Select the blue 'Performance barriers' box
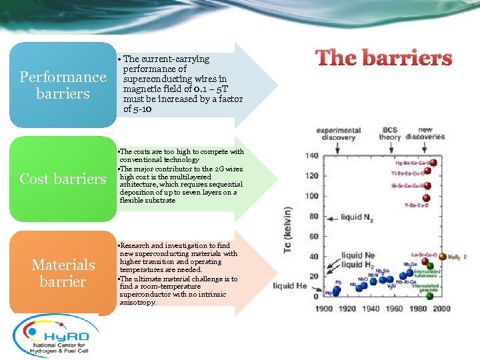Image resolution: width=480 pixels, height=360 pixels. tap(63, 85)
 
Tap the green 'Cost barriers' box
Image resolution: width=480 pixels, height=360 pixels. tap(63, 179)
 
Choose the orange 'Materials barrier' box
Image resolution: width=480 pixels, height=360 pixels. tap(63, 273)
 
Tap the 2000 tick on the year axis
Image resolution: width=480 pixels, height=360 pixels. tap(441, 308)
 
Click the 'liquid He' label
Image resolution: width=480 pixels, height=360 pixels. tap(289, 286)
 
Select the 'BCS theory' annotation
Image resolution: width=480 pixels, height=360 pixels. tap(390, 133)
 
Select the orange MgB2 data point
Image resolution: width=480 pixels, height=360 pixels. tap(441, 256)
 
